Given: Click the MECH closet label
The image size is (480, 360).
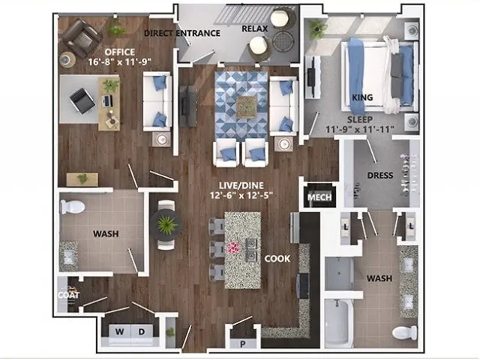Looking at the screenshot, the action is (319, 197).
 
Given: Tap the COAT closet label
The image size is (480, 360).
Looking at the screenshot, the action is (68, 295).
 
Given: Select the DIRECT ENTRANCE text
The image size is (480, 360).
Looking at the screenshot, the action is (182, 33).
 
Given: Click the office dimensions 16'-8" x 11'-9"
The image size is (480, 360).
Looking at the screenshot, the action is (120, 62).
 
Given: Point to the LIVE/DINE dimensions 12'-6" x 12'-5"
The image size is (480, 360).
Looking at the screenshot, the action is (241, 195).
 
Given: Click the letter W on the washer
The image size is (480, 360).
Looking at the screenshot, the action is (120, 331).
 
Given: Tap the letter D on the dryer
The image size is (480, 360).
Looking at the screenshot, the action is (142, 331).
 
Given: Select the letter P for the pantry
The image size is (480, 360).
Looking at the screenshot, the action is (243, 344).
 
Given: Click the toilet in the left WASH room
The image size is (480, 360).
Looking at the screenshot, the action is (72, 207).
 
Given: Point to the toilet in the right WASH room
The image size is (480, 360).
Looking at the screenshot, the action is (404, 333).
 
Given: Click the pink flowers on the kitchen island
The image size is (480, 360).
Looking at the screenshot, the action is (234, 247).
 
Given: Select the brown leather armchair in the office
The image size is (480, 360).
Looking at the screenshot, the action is (80, 38).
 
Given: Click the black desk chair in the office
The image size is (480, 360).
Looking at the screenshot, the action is (82, 100).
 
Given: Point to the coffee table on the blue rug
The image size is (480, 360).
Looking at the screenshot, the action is (247, 106).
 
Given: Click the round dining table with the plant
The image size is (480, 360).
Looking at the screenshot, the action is (166, 225).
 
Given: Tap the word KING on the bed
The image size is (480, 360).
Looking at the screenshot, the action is (362, 97).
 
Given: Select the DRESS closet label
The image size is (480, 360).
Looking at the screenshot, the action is (380, 175).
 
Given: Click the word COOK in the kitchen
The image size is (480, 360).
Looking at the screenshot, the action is (277, 259).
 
